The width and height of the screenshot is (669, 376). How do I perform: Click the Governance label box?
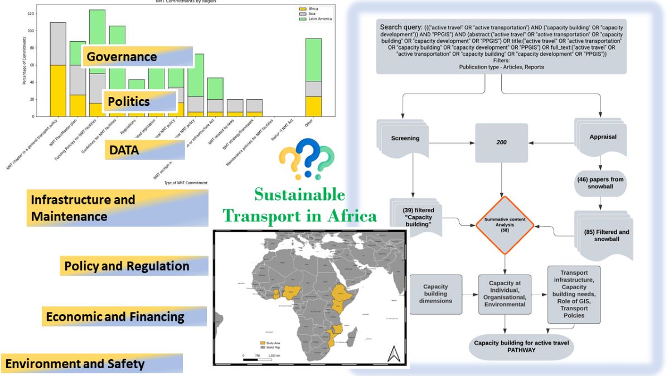pyautogui.click(x=137, y=57)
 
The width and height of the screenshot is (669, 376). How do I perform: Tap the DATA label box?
pyautogui.click(x=144, y=149)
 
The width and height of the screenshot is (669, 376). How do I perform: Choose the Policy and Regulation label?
pyautogui.click(x=134, y=266)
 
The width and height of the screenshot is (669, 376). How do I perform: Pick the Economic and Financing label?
pyautogui.click(x=124, y=316)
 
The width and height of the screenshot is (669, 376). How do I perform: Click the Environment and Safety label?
pyautogui.click(x=91, y=364)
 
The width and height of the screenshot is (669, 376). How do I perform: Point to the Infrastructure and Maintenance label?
pyautogui.click(x=117, y=208)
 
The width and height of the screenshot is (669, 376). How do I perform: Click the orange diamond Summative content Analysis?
pyautogui.click(x=505, y=224)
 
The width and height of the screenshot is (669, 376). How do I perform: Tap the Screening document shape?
pyautogui.click(x=405, y=137)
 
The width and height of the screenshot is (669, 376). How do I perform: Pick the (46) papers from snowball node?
pyautogui.click(x=601, y=183)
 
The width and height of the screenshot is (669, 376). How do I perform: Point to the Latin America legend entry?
pyautogui.click(x=316, y=19)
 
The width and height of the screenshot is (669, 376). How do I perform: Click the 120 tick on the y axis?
pyautogui.click(x=31, y=13)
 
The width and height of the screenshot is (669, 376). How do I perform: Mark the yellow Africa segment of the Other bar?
pyautogui.click(x=314, y=106)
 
